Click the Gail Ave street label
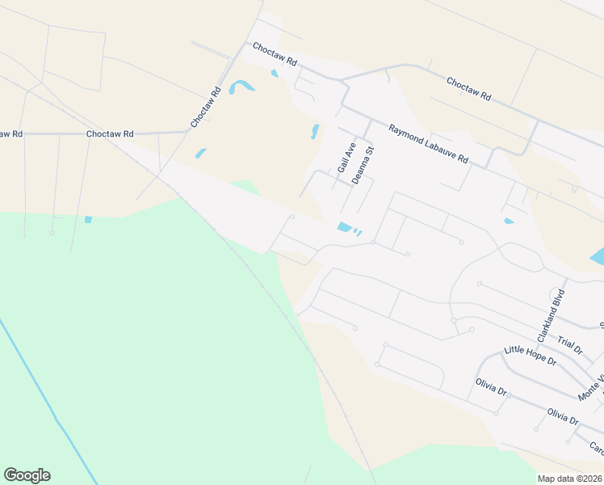point(346,157)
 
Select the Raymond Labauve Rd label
point(428,144)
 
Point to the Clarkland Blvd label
point(550,314)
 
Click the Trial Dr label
point(571,346)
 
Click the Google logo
point(27,475)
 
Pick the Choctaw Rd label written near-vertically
point(205,108)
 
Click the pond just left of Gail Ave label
point(314,132)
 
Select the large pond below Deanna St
point(345,228)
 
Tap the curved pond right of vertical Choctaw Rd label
point(241,86)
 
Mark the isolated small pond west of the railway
point(88,219)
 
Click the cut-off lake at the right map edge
point(598,258)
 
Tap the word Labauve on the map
point(437,149)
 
